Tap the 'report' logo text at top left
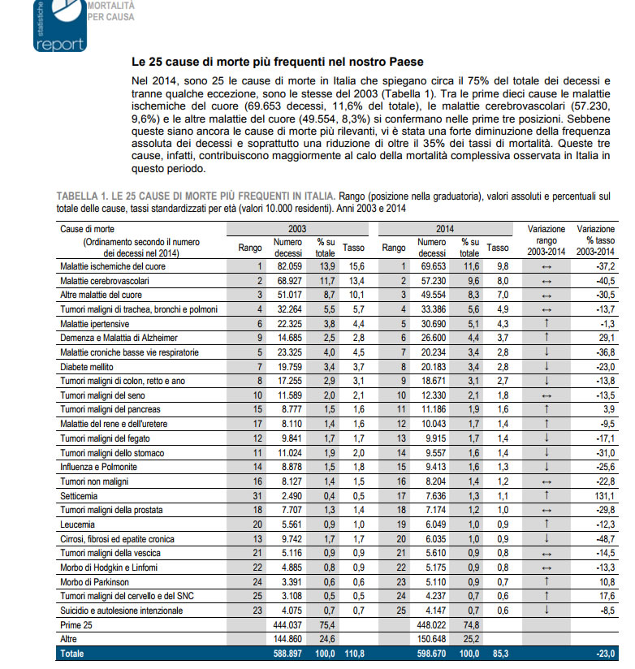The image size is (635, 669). (x=60, y=45)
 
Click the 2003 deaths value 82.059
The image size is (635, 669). (x=288, y=266)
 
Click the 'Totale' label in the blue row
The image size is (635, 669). (x=73, y=654)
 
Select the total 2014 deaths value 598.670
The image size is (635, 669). (x=430, y=654)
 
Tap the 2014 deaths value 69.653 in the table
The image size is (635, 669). (x=431, y=266)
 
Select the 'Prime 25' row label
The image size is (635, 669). (x=76, y=625)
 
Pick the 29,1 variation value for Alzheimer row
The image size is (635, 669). (x=603, y=337)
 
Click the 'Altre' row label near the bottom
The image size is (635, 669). (x=70, y=639)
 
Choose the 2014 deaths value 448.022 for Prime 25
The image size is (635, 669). (x=430, y=625)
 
